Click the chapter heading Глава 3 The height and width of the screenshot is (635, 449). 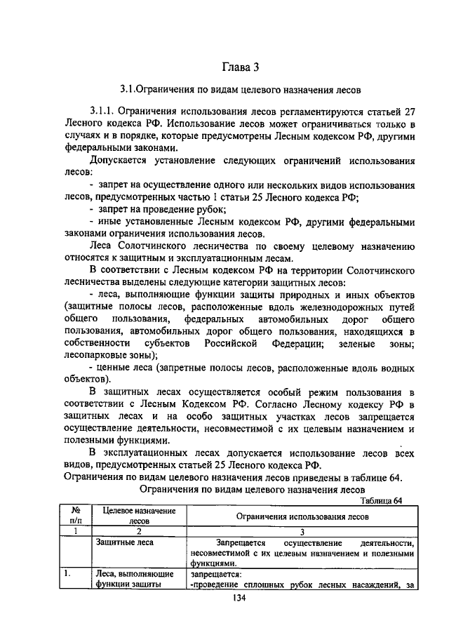click(241, 67)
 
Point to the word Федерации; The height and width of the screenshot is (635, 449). click(295, 344)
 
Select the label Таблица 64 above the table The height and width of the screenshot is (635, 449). click(383, 500)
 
